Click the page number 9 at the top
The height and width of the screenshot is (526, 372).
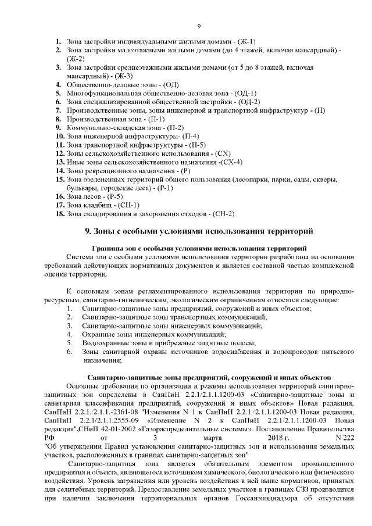pos(199,26)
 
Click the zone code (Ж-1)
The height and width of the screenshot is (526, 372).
pos(247,42)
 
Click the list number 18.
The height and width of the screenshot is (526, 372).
pos(59,213)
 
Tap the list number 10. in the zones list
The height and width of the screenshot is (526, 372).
pos(59,135)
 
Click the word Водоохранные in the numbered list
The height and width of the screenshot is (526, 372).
pos(106,343)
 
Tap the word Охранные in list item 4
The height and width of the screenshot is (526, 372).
pos(98,334)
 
